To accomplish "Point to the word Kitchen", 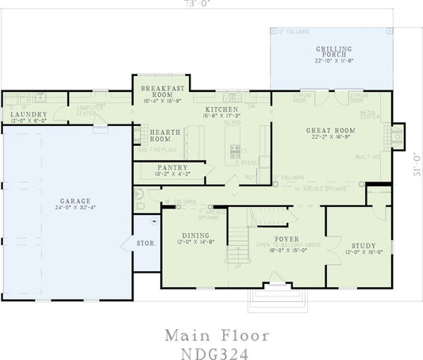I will pos(217,109).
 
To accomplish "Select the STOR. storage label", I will pos(146,243).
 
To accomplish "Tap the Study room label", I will pos(360,246).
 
